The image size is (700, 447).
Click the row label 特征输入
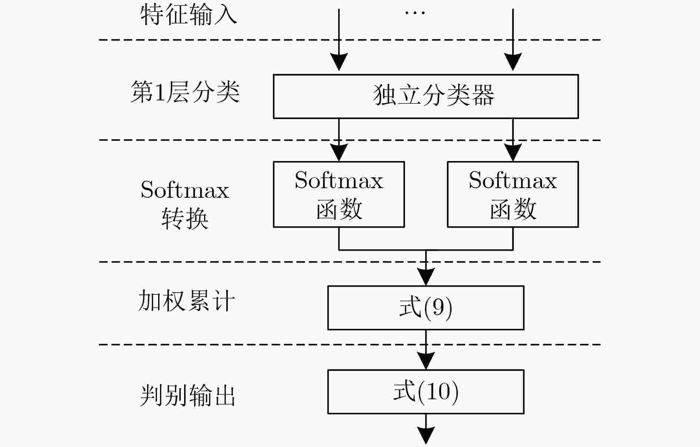point(189,16)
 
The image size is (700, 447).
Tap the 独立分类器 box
point(426,97)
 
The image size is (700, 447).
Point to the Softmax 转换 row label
point(185,204)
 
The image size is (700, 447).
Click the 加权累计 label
point(186,300)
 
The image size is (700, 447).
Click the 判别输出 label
point(187,396)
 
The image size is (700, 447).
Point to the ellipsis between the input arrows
point(415,13)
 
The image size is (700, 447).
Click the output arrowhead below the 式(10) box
point(426,436)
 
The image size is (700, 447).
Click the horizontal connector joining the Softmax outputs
point(426,250)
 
